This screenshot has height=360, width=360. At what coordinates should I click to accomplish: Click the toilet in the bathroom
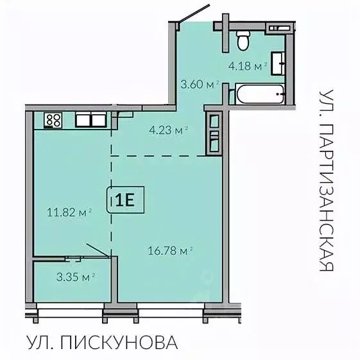pos(243,41)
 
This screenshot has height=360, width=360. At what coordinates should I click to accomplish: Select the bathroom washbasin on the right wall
pos(279,63)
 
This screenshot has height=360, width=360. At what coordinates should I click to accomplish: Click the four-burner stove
pos(53,119)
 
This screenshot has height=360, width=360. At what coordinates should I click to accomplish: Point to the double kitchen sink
pos(91,119)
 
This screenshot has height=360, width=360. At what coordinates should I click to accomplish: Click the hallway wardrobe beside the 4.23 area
pos(212,133)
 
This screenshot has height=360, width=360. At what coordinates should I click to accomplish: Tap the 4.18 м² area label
pos(247,65)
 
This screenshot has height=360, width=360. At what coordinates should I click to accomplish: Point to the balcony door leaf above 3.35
pos(97,250)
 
